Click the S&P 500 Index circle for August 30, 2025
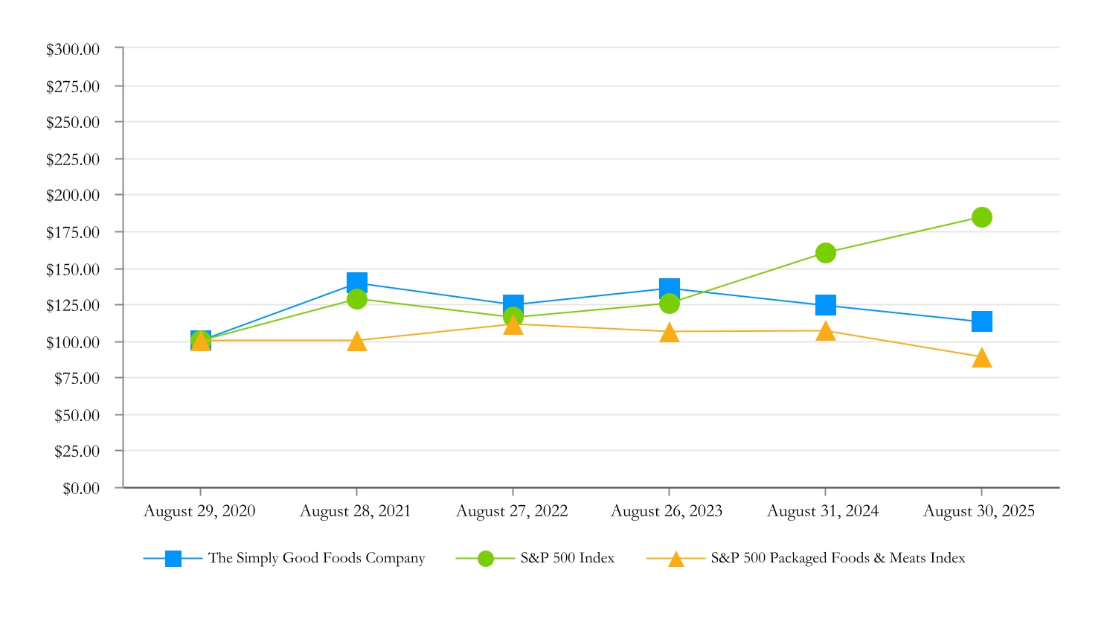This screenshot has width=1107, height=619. tap(981, 217)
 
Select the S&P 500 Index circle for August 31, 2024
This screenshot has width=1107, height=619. tap(825, 253)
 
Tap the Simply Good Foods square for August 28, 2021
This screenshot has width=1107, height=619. tap(357, 283)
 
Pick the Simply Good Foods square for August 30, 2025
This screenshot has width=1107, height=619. tap(981, 321)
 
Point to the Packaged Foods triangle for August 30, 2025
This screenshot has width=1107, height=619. tap(981, 359)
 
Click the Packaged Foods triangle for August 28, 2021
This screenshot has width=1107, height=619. tap(357, 341)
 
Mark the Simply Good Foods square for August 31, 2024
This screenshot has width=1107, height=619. tap(825, 305)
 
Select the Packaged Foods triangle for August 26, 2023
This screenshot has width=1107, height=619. tap(670, 333)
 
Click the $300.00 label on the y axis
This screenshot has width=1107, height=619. tap(73, 50)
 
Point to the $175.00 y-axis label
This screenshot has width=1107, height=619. tap(73, 233)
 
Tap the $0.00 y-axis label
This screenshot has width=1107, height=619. tap(81, 489)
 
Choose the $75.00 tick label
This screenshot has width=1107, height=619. tap(77, 379)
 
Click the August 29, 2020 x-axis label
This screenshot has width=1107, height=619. tap(199, 511)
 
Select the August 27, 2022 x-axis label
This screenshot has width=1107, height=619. tap(512, 511)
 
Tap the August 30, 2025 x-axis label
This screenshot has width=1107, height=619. tap(979, 511)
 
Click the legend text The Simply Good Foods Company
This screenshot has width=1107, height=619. tap(316, 558)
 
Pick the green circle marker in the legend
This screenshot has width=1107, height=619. tap(485, 559)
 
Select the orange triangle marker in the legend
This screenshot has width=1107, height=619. tap(676, 559)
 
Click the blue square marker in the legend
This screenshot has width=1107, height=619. tap(173, 559)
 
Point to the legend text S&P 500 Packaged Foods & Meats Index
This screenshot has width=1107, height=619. tap(838, 558)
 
